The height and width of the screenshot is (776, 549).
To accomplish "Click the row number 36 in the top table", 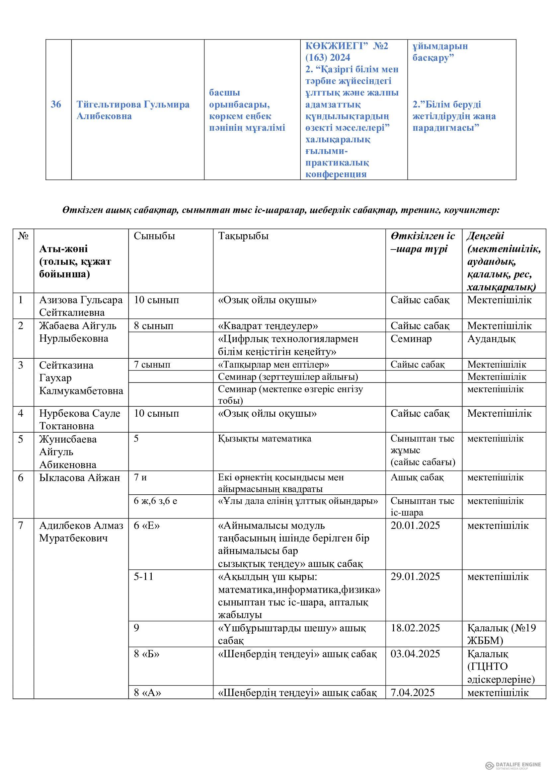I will coord(56,105).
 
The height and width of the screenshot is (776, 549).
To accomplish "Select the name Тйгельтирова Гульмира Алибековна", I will coord(133,110).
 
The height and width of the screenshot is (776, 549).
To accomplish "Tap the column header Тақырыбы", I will coord(243,236).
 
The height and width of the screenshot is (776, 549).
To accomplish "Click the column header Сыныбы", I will coord(154,236).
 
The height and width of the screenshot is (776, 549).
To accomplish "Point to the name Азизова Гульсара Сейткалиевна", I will coord(81,306).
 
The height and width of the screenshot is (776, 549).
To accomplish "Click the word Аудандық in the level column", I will coord(491,339).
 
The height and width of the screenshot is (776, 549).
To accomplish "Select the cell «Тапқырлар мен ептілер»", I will coord(274,364).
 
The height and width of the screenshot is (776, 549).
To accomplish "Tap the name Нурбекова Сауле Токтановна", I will coord(80,419).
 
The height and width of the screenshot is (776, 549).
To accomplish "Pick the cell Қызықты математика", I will coord(265,439).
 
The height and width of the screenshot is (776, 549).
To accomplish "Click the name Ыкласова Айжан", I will coord(80,477).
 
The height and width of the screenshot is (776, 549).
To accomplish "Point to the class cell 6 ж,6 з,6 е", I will coord(155,501).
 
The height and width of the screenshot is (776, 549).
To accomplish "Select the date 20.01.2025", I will coord(415,526).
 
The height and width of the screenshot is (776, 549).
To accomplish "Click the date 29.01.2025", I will coord(415,576).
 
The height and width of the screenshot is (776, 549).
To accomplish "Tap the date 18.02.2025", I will coord(415,628).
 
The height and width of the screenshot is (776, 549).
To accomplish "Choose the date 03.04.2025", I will coord(415,654).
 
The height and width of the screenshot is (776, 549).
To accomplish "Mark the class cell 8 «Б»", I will coord(147,654).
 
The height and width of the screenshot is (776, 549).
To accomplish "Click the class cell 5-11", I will coord(143,576).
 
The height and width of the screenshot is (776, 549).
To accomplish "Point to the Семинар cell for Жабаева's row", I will coord(411,339).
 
